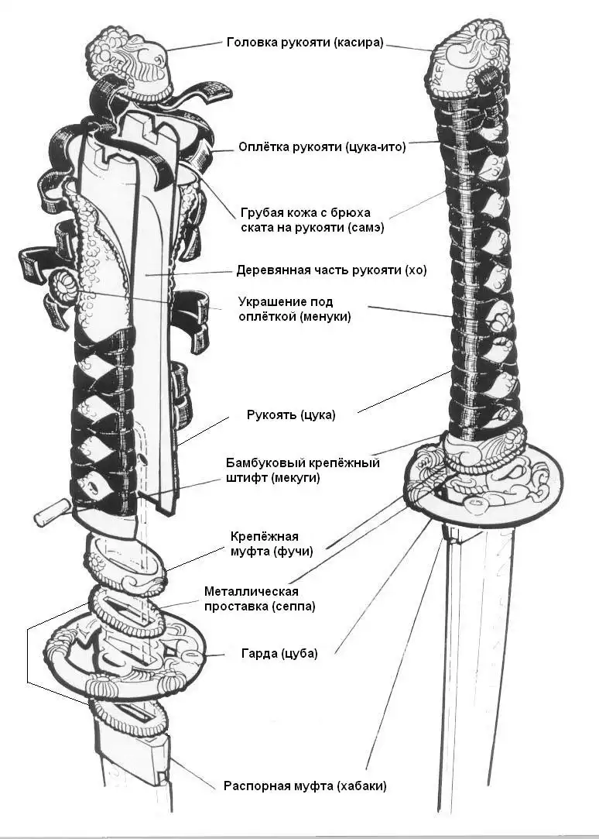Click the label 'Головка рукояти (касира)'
305,43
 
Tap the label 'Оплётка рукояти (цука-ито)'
321,146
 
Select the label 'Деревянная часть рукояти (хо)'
331,271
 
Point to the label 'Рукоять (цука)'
291,414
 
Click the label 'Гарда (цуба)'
280,652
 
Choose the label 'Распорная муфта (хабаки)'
305,786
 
